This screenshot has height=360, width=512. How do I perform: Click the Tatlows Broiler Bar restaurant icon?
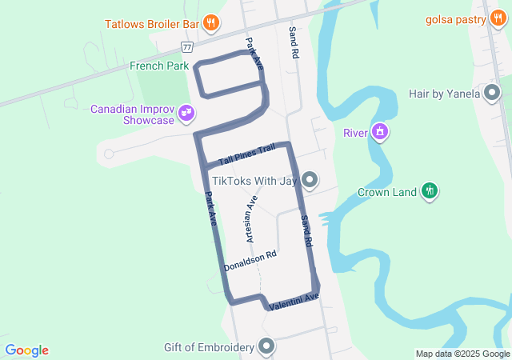click(x=210, y=23)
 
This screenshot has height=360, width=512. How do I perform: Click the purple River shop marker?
click(x=379, y=131)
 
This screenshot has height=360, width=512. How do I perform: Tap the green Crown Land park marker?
click(x=430, y=190)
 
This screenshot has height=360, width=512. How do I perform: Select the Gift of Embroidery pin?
click(x=266, y=346)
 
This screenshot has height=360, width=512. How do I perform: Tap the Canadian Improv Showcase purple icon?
click(x=186, y=114)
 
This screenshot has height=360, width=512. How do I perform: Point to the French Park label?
click(x=159, y=66)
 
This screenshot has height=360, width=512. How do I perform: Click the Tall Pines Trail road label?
click(x=246, y=155)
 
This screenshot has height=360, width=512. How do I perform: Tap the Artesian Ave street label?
click(x=251, y=218)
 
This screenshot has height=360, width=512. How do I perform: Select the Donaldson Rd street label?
click(x=250, y=261)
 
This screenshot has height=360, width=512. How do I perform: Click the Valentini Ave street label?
click(x=294, y=302)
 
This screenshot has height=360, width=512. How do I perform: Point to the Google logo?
click(x=27, y=350)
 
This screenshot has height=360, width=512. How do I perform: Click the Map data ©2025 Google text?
click(x=462, y=354)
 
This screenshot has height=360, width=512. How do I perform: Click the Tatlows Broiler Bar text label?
click(x=152, y=24)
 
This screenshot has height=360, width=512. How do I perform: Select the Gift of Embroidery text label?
click(x=209, y=347)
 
